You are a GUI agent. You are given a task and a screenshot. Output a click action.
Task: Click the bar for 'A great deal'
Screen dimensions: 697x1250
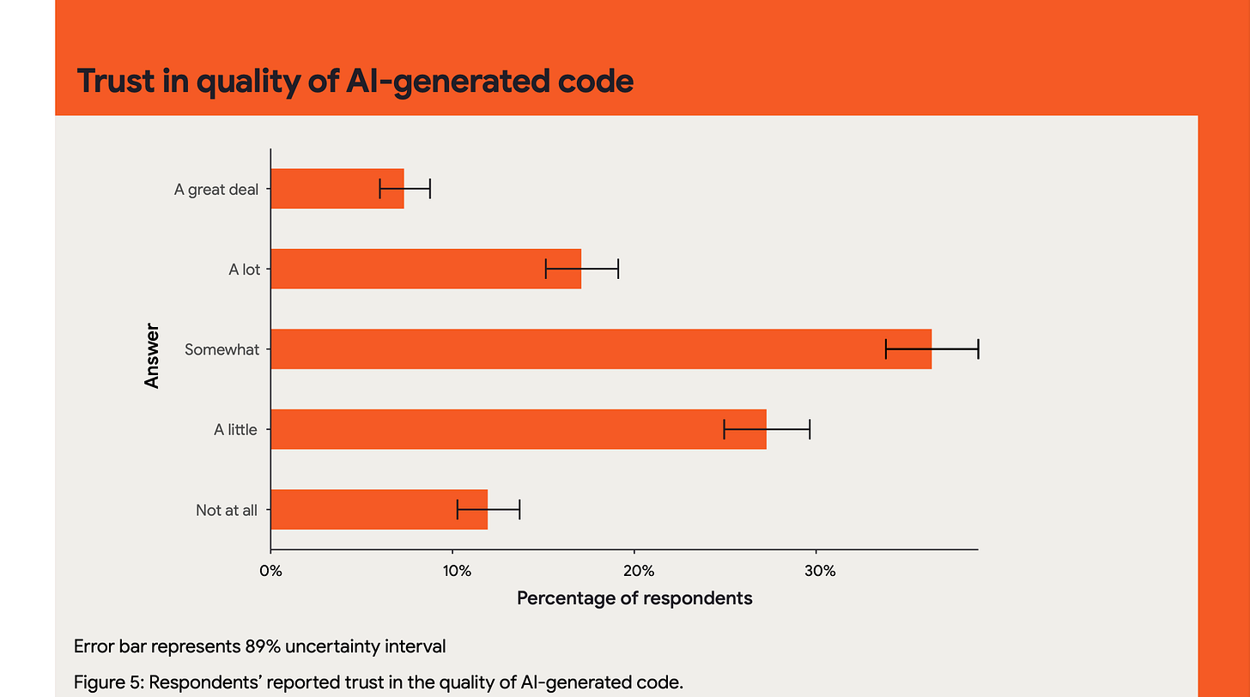click(x=337, y=189)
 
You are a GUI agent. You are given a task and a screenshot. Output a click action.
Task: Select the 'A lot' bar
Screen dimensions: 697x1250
click(x=425, y=269)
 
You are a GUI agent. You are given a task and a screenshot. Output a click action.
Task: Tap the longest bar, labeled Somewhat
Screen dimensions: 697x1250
click(x=600, y=349)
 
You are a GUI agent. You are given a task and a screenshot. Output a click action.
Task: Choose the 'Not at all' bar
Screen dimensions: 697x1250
click(x=379, y=510)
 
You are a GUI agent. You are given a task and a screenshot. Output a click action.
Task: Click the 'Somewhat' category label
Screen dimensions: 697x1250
click(x=221, y=349)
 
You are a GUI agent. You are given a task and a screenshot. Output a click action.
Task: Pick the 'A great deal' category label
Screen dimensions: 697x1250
click(x=215, y=190)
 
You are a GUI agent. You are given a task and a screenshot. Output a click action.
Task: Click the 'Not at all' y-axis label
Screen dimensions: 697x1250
click(x=226, y=510)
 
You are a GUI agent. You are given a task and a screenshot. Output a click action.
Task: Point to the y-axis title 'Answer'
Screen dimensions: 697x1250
click(x=153, y=355)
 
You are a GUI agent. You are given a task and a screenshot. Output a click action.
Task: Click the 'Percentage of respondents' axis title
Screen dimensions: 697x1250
click(x=634, y=598)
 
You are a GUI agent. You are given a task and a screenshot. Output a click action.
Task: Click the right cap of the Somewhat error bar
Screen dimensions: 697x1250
click(x=978, y=349)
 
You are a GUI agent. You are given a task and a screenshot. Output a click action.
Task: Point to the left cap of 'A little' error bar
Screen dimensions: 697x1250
click(x=725, y=429)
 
